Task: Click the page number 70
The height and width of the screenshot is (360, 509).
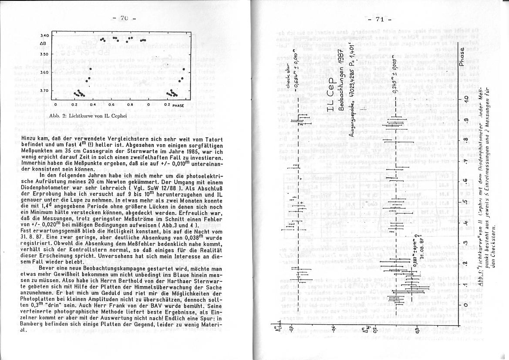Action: (124, 18)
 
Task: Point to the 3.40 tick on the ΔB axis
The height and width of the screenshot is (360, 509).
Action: (44, 35)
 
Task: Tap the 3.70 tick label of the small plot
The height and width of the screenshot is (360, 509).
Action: (44, 91)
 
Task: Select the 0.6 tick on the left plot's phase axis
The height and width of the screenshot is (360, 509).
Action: (112, 105)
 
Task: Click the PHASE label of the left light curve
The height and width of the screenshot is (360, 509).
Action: (178, 105)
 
